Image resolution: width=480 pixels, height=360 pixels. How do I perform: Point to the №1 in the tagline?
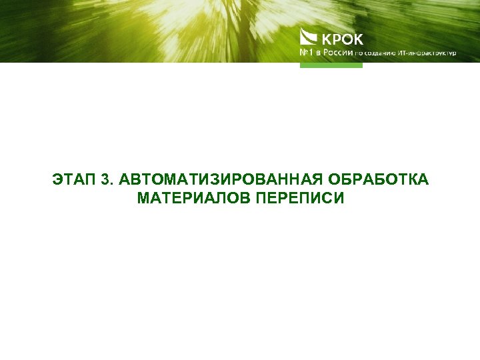click(307, 53)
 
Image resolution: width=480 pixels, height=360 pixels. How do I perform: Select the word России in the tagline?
click(336, 53)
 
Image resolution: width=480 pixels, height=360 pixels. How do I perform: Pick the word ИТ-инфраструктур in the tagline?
click(427, 53)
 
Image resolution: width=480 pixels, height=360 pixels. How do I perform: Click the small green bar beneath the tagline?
click(331, 65)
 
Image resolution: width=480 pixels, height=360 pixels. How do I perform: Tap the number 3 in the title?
click(106, 180)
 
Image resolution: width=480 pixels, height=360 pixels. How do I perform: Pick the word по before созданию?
click(359, 53)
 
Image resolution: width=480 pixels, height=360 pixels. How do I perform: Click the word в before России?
click(319, 53)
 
